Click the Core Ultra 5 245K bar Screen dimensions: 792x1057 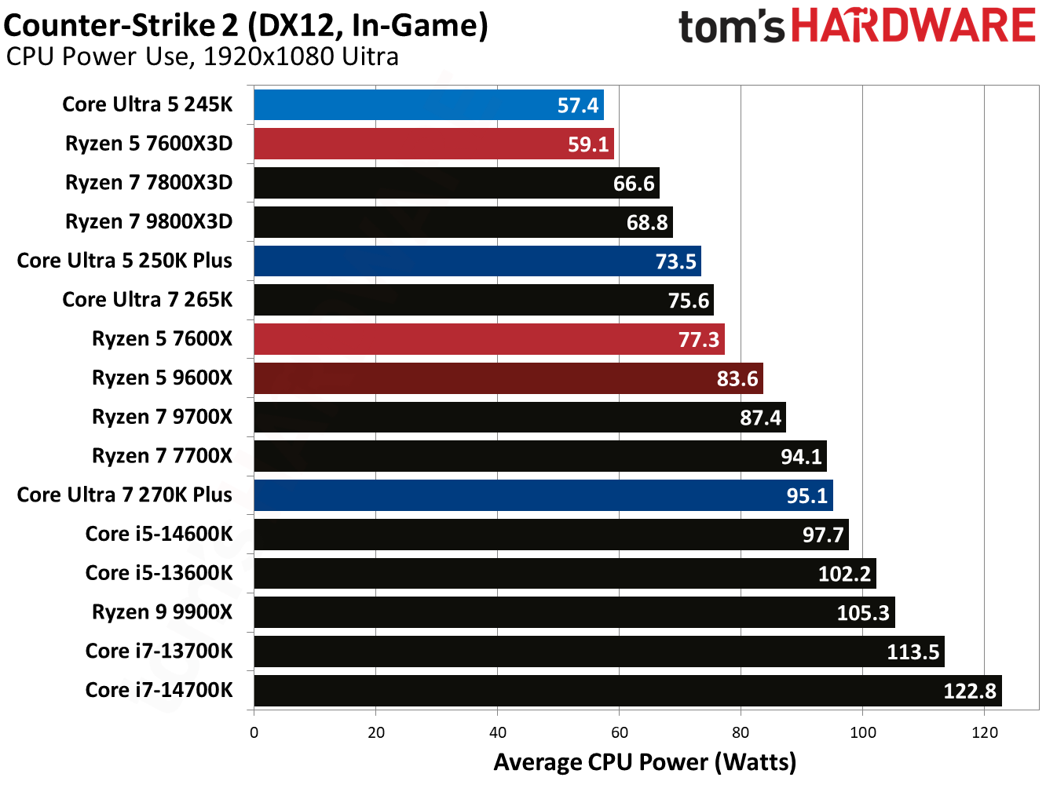point(428,104)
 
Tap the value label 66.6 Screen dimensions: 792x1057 point(633,184)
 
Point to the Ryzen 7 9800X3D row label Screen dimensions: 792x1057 point(148,221)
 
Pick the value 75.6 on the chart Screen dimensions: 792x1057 point(688,301)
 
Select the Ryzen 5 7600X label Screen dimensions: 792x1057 point(162,338)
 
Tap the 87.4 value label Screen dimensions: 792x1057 point(760,418)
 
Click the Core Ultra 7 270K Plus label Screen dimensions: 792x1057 point(124,495)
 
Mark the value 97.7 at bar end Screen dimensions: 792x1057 point(822,535)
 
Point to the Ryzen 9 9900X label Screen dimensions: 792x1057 point(162,611)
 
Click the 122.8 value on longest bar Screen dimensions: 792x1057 point(969,691)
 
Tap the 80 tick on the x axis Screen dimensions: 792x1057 point(741,732)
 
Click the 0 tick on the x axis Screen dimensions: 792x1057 point(254,732)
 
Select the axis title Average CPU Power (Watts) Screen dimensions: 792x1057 point(645,762)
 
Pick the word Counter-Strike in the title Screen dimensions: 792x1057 point(109,25)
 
